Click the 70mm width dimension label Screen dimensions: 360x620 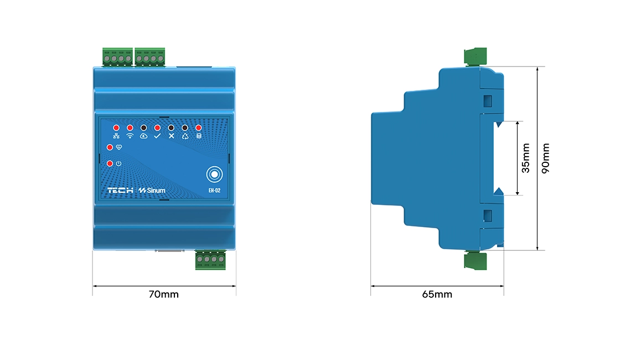[x=163, y=295]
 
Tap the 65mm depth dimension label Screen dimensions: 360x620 [x=437, y=295]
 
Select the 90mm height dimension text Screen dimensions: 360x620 [x=546, y=159]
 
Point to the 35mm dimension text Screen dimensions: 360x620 [x=526, y=158]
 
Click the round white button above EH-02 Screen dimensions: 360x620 [x=214, y=174]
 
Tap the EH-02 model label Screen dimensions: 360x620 [x=214, y=191]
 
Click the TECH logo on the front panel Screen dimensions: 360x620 [x=120, y=191]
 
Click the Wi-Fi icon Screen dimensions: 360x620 [x=130, y=136]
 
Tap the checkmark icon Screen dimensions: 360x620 [x=157, y=136]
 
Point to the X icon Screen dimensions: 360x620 [x=171, y=136]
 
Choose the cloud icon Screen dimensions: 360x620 [x=143, y=136]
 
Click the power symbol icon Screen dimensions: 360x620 [x=118, y=163]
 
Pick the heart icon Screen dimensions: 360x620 [x=118, y=147]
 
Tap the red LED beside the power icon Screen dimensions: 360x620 [x=110, y=163]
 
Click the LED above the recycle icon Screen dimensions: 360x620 [x=184, y=127]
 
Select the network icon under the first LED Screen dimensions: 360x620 [x=116, y=136]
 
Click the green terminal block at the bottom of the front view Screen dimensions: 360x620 [x=211, y=260]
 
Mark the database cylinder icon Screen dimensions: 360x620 [x=199, y=136]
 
